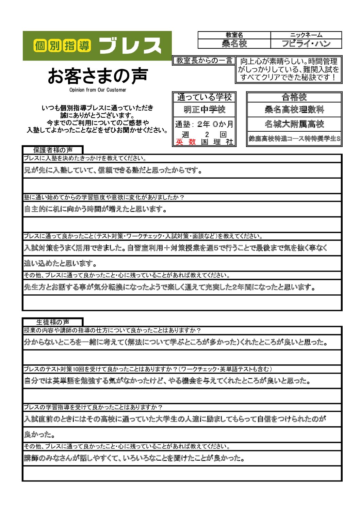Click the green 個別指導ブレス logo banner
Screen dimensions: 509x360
click(x=97, y=46)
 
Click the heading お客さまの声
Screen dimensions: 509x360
click(x=98, y=76)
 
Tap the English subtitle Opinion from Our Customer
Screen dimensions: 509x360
click(x=98, y=90)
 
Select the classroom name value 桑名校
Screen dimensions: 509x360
click(x=234, y=44)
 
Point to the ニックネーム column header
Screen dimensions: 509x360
click(x=306, y=35)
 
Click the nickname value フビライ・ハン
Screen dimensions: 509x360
click(x=306, y=44)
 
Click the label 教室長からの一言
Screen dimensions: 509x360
click(x=204, y=61)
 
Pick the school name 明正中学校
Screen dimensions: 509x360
click(x=204, y=110)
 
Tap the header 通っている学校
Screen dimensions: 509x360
click(x=204, y=97)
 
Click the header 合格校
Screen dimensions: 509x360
click(x=294, y=97)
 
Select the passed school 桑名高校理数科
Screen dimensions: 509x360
click(x=294, y=110)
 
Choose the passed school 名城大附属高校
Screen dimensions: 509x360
click(x=294, y=124)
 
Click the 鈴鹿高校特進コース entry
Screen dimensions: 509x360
click(x=294, y=139)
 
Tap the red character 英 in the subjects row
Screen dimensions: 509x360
click(x=179, y=142)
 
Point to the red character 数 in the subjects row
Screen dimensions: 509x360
click(x=192, y=142)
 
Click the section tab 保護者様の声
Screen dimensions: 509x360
click(x=53, y=150)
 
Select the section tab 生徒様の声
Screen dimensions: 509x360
click(x=53, y=322)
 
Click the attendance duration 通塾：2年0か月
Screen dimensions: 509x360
click(x=204, y=124)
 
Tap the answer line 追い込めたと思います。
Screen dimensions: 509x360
click(x=61, y=263)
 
